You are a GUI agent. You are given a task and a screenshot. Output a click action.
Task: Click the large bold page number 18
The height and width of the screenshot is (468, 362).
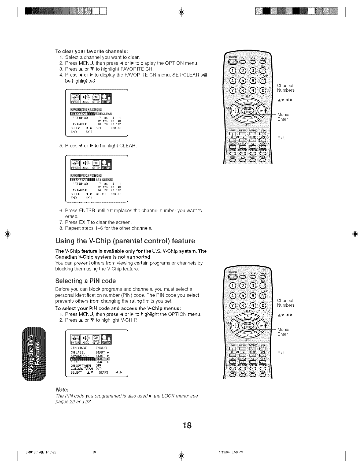pos(187,425)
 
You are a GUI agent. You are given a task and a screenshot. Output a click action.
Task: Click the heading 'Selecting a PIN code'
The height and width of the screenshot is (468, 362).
pos(85,281)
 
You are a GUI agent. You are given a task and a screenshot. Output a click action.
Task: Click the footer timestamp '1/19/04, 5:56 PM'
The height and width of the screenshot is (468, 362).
pos(231,452)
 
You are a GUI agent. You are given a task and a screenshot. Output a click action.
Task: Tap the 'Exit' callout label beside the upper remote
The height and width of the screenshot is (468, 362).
pos(281,138)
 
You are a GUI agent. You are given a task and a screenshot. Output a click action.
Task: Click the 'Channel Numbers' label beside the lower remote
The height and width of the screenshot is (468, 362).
pos(285,303)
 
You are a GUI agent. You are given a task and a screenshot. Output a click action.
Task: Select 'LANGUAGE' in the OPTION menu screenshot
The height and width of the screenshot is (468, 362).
pos(79,348)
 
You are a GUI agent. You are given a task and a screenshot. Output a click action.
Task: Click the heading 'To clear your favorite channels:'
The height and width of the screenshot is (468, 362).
pos(91,51)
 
